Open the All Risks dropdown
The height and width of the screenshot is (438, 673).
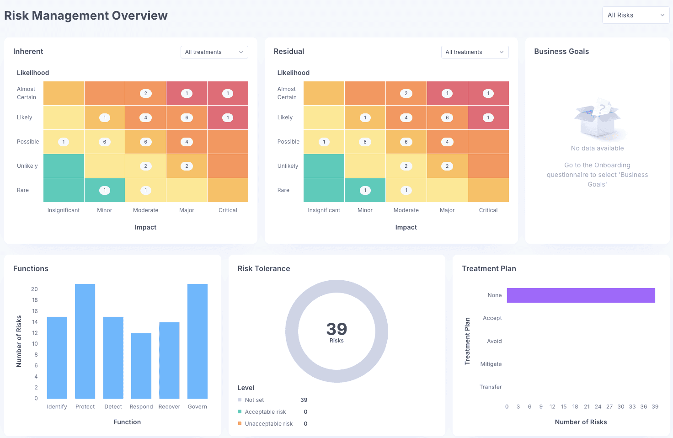point(636,15)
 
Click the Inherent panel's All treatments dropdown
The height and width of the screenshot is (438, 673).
point(214,52)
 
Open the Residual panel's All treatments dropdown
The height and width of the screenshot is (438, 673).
point(475,52)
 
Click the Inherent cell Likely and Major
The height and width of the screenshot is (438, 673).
point(187,118)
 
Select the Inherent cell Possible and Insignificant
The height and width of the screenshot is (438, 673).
point(64,142)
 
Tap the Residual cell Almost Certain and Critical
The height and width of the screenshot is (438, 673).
point(488,93)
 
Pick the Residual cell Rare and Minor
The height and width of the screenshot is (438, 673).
point(365,190)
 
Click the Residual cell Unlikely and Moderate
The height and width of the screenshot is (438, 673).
point(406,166)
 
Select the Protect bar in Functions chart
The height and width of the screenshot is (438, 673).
point(85,341)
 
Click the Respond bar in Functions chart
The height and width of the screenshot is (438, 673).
point(141,366)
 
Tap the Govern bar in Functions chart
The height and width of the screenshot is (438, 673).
point(198,341)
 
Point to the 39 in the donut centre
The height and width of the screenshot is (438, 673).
point(336,329)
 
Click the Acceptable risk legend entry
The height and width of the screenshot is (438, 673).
point(265,412)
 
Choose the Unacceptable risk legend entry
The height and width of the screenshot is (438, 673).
point(268,424)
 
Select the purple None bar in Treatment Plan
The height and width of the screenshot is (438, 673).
point(581,295)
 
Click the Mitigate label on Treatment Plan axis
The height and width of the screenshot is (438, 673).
point(491,364)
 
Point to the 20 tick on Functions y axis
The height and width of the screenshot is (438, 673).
point(34,289)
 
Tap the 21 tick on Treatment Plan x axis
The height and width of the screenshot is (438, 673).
point(587,406)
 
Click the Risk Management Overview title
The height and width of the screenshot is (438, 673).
point(86,16)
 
